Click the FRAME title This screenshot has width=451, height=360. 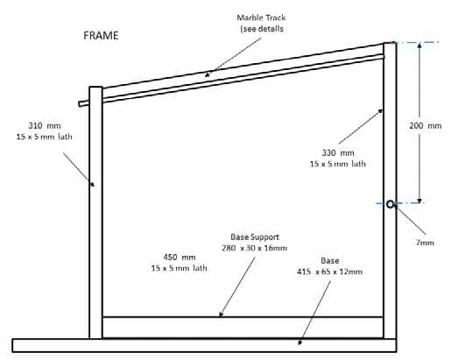click(x=101, y=36)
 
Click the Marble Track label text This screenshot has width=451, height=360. click(x=261, y=18)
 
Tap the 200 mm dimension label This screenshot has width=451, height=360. click(x=425, y=126)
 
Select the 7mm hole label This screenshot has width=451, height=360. click(x=425, y=243)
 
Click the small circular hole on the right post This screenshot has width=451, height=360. click(x=391, y=204)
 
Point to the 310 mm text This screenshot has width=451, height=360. click(x=45, y=126)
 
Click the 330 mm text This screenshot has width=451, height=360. click(x=338, y=152)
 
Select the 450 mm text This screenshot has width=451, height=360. click(x=180, y=258)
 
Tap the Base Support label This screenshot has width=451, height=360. click(x=255, y=237)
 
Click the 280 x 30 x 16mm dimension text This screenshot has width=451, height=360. click(x=254, y=248)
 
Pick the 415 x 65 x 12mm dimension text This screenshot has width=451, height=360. click(x=329, y=272)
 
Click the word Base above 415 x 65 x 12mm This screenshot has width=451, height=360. click(x=330, y=261)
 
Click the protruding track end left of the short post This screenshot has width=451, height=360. click(x=84, y=103)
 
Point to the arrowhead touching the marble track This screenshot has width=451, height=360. click(x=208, y=74)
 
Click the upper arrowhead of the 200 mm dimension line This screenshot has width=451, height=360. click(x=419, y=46)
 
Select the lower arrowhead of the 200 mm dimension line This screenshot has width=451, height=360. click(x=419, y=201)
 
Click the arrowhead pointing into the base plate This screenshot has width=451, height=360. click(x=299, y=342)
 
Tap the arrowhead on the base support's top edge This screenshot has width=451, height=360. click(x=221, y=314)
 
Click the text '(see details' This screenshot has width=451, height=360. click(x=262, y=29)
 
